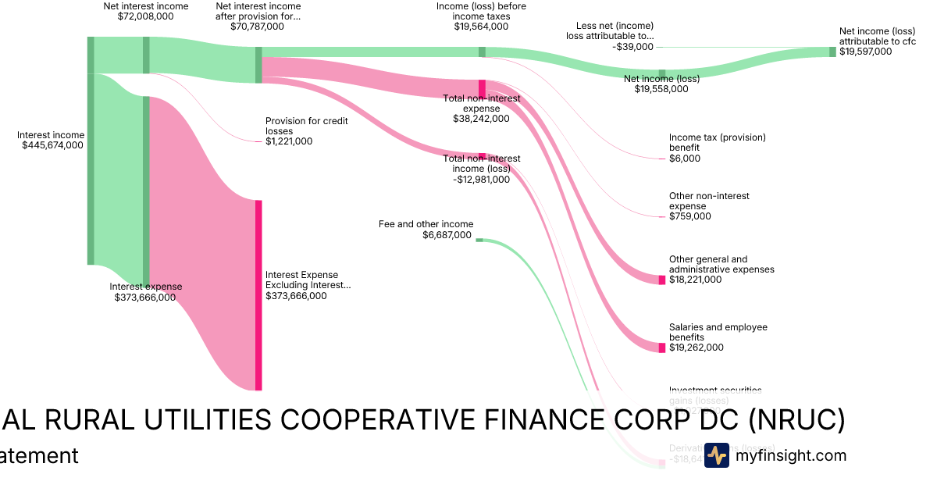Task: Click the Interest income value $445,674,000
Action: point(52,145)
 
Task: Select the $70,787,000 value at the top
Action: point(257,27)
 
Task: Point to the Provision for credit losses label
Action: point(306,126)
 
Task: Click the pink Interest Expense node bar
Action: point(258,295)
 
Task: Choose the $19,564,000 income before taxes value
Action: point(481,27)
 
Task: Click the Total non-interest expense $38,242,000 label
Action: point(481,109)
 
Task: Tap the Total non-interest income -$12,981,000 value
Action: point(481,179)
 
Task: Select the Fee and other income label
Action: point(426,224)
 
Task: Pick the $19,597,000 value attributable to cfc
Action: point(865,52)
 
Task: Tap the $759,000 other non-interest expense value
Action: point(689,216)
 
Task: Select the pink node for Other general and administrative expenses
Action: point(661,280)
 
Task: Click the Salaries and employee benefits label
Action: point(718,332)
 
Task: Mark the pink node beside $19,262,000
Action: point(661,348)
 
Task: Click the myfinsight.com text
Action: point(790,455)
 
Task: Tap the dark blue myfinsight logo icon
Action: point(716,455)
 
